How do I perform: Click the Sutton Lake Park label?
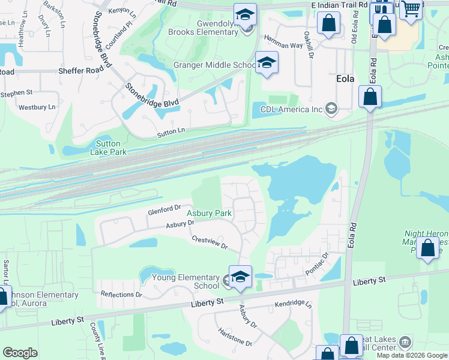point(108,148)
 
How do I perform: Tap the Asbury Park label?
point(209,213)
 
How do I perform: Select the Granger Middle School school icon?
point(267,62)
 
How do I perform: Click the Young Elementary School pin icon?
point(240,277)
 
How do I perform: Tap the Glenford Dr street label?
point(164,209)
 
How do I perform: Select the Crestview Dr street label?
point(209,242)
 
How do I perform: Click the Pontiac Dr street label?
point(318,263)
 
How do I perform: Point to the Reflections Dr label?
point(121,295)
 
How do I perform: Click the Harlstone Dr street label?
point(235,337)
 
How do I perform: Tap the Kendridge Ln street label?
point(294,305)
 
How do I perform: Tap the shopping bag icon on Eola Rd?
point(371,96)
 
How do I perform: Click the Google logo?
point(20,352)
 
